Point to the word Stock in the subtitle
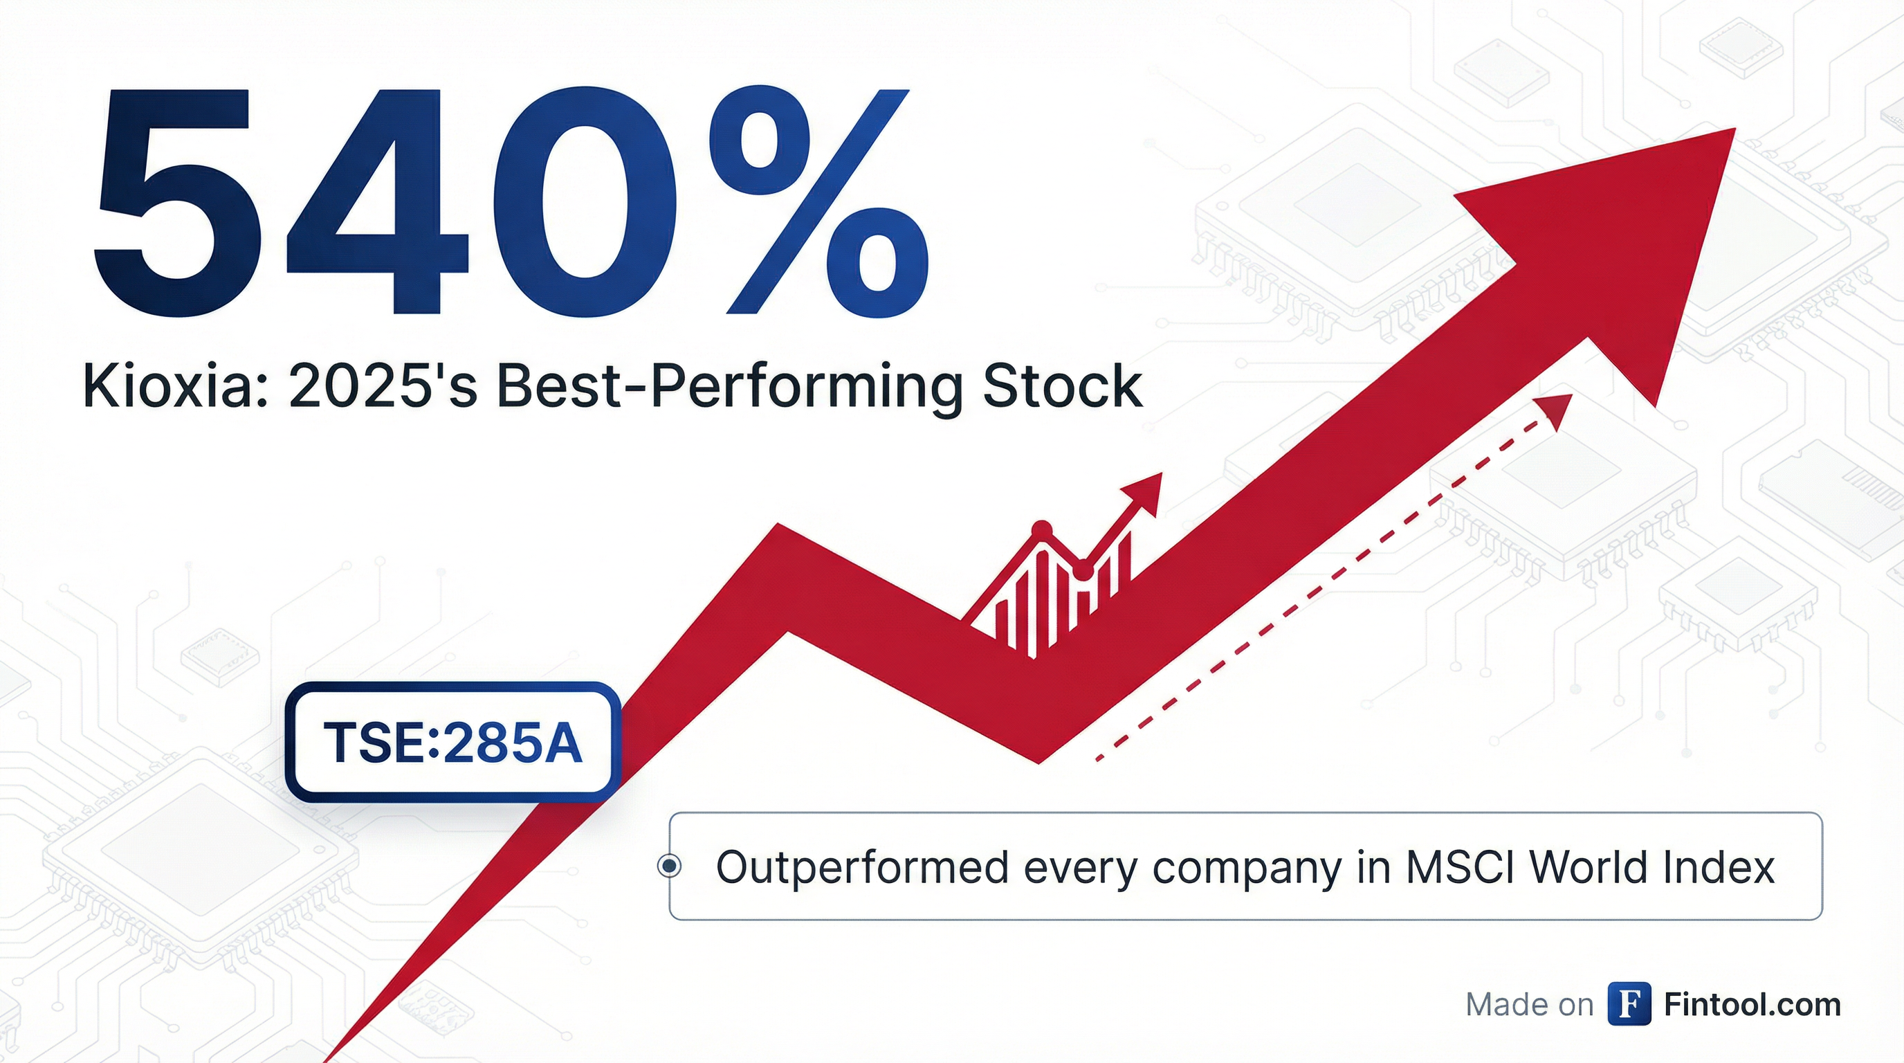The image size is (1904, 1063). pos(1063,385)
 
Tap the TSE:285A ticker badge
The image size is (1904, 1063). pos(453,742)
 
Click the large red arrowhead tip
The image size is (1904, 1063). pos(1734,130)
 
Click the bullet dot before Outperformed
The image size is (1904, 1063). pos(670,865)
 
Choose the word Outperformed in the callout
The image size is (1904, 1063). pos(863,867)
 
